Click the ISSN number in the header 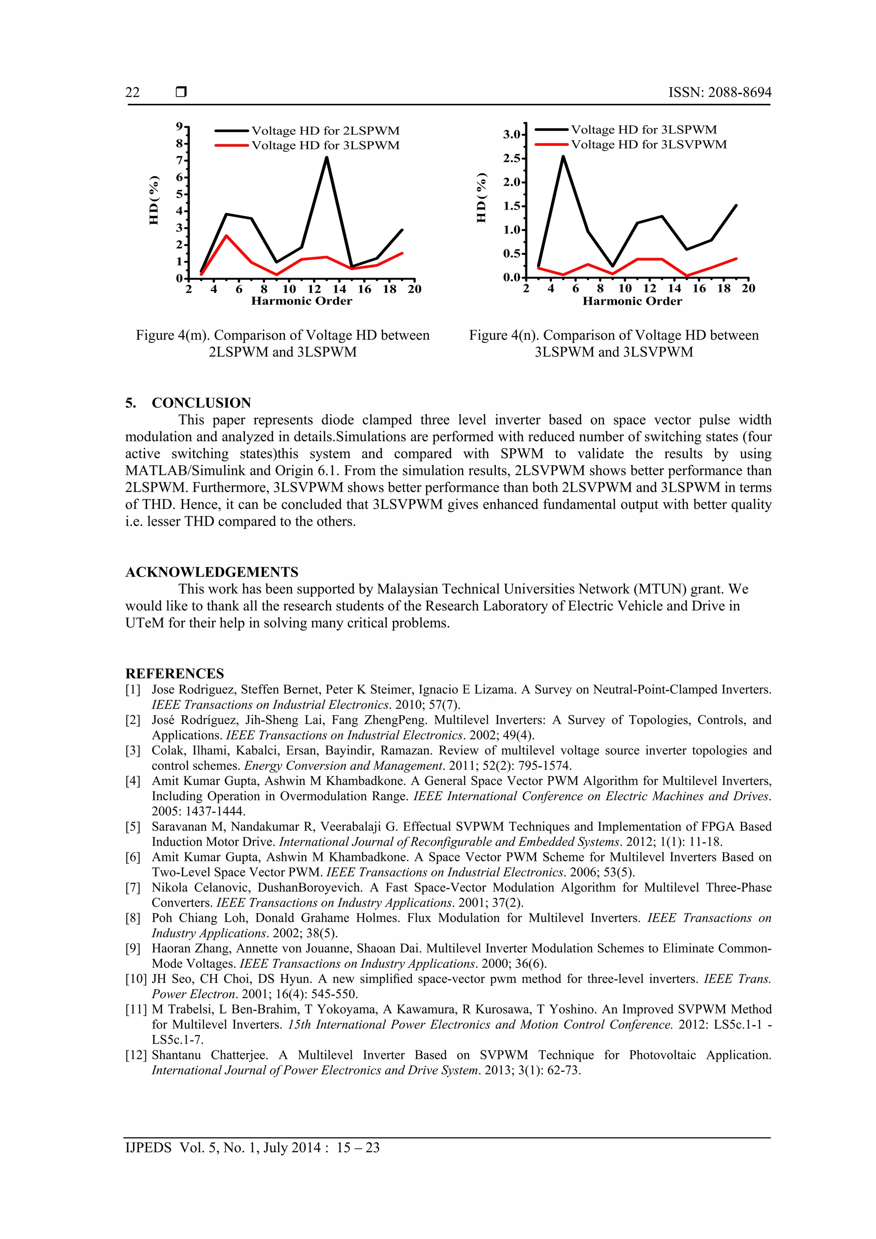pyautogui.click(x=719, y=92)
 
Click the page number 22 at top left pyautogui.click(x=132, y=93)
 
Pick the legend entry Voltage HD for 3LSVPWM pyautogui.click(x=648, y=145)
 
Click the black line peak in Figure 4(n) pyautogui.click(x=563, y=157)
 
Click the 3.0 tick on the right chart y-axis pyautogui.click(x=512, y=134)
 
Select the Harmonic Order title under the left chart pyautogui.click(x=301, y=301)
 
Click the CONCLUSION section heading pyautogui.click(x=201, y=402)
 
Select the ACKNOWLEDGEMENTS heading pyautogui.click(x=212, y=572)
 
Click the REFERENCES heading pyautogui.click(x=175, y=674)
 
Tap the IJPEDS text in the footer pyautogui.click(x=148, y=1147)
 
